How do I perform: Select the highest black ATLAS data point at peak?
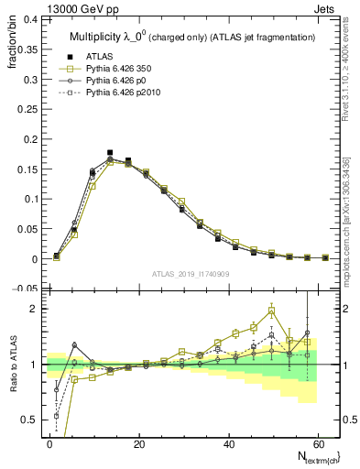pyautogui.click(x=110, y=153)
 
